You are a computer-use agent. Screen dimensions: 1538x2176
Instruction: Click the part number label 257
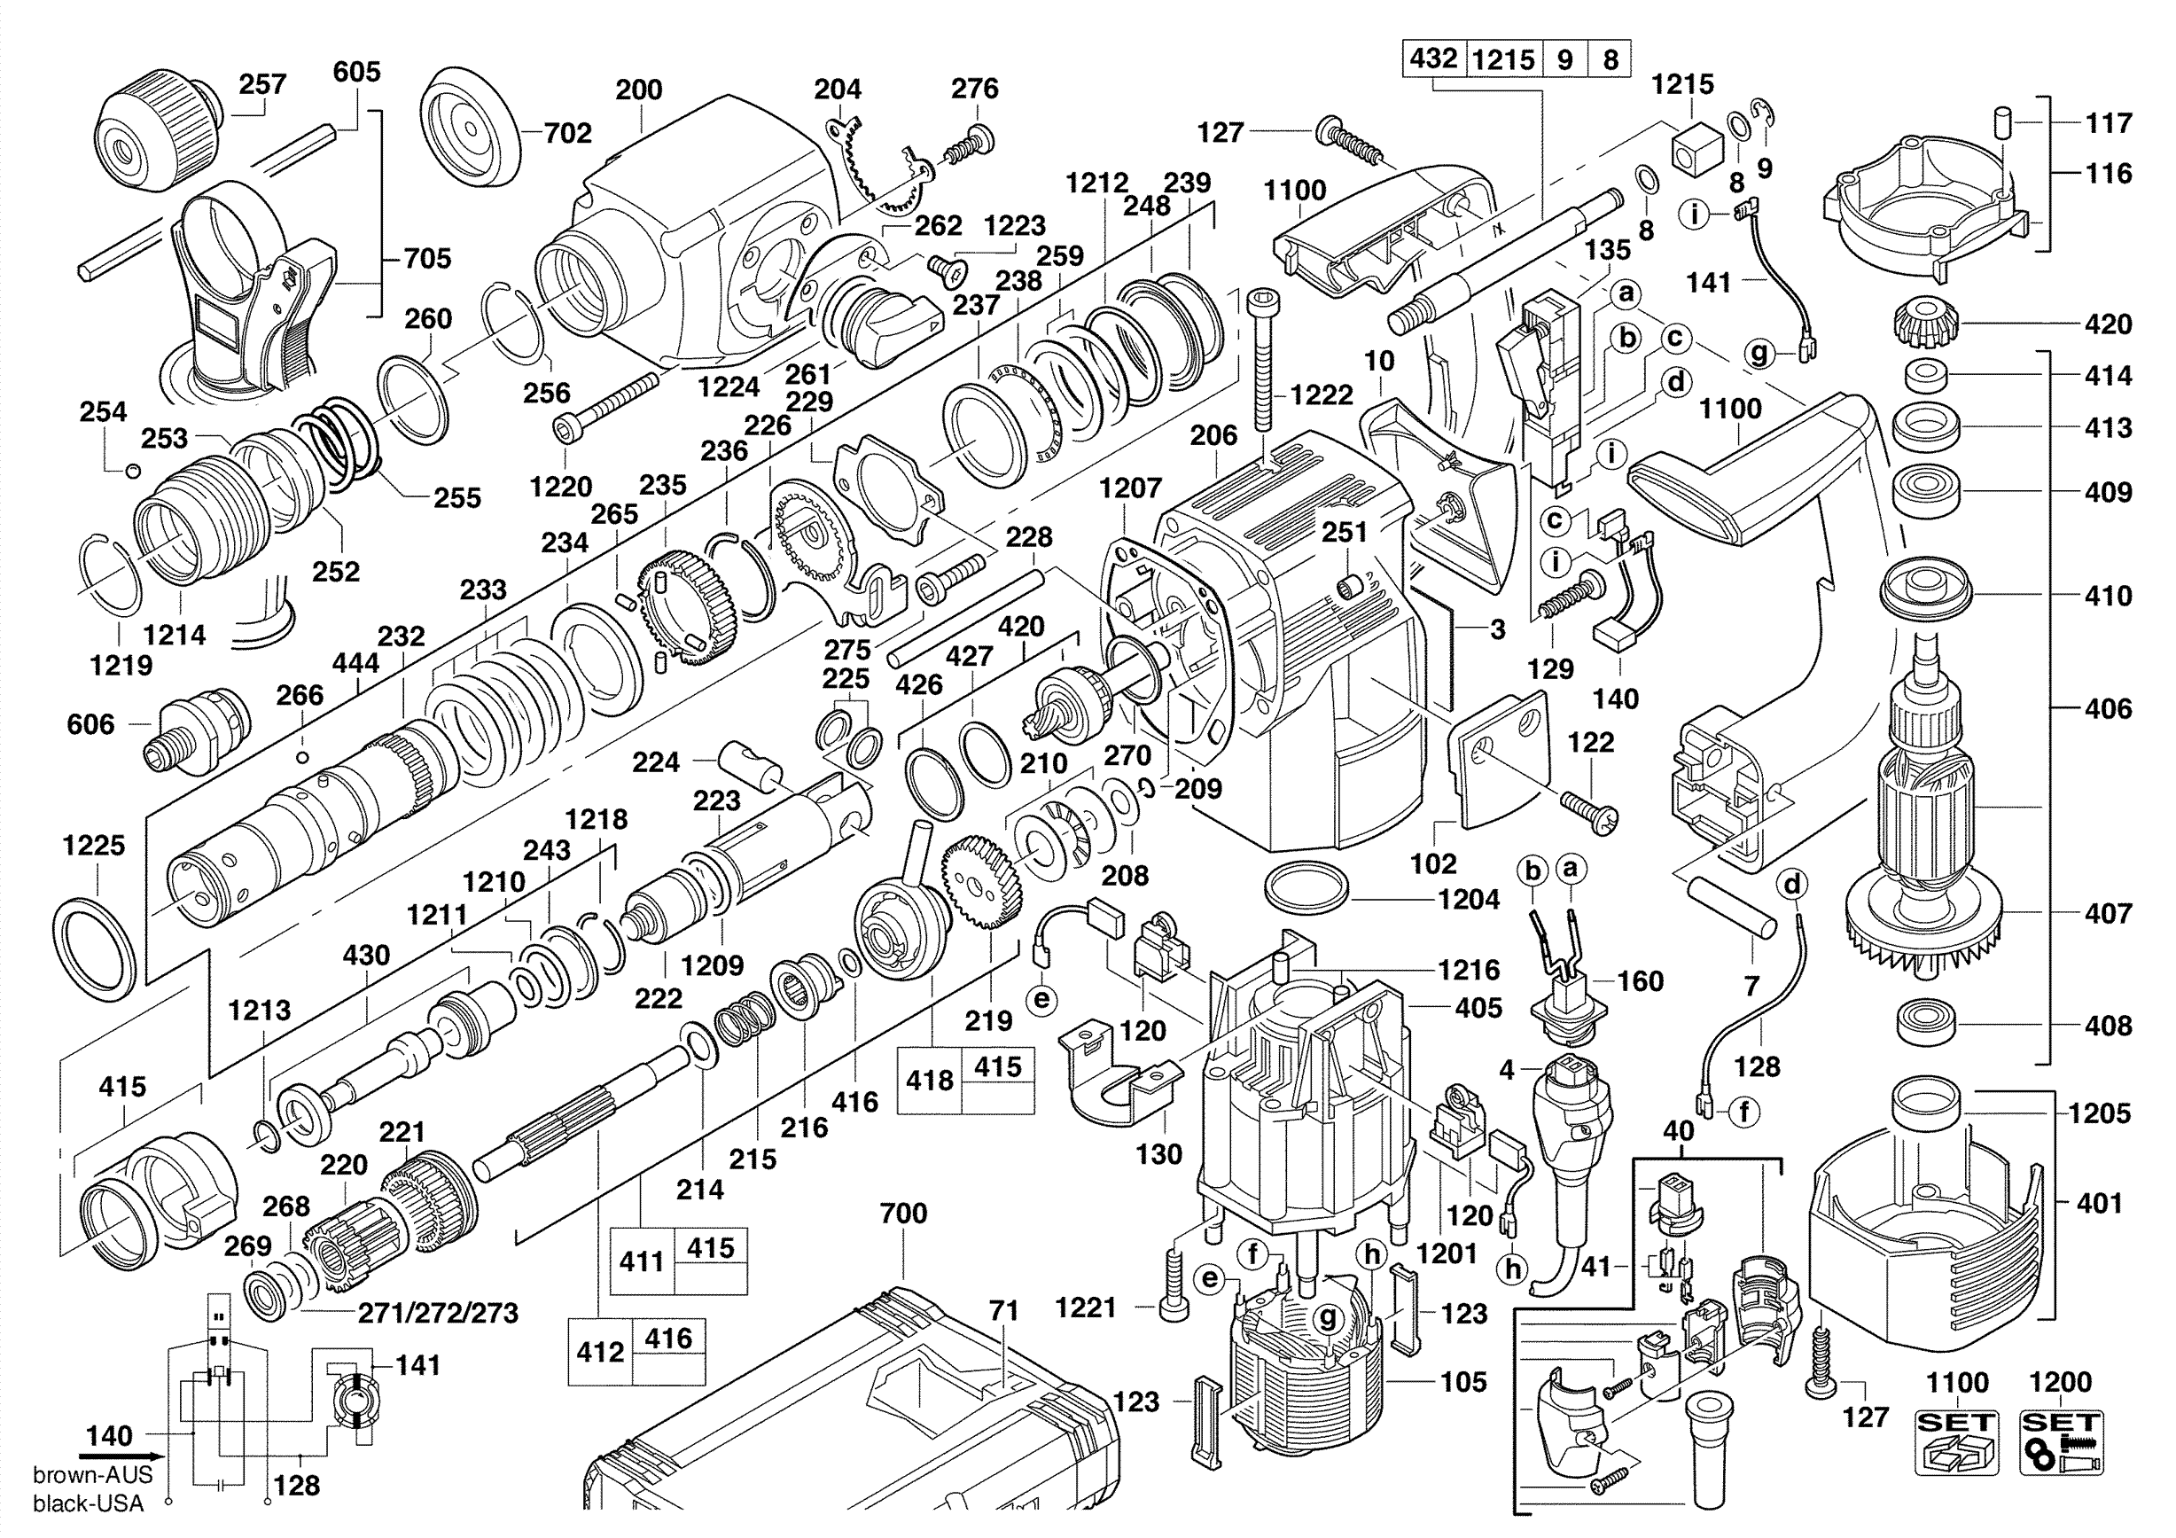coord(262,84)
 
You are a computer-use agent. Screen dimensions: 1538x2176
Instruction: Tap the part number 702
coord(567,134)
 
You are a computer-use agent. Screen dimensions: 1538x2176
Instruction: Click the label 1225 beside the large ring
coord(94,846)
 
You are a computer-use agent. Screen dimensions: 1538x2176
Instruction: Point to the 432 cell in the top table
coord(1433,59)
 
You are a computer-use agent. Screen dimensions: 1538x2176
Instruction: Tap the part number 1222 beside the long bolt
coord(1322,395)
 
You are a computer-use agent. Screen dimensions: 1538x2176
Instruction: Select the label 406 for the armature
coord(2108,708)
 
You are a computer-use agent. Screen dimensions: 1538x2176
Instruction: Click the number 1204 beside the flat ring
coord(1469,899)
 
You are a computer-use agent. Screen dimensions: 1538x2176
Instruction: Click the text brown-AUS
coord(92,1475)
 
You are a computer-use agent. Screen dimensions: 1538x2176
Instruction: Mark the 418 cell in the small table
coord(929,1081)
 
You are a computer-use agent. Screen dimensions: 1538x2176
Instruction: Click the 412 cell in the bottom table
coord(600,1351)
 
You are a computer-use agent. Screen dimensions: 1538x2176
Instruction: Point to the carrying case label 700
coord(903,1213)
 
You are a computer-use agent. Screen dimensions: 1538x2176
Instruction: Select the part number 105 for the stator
coord(1463,1382)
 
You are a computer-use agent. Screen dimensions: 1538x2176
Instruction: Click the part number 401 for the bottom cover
coord(2099,1203)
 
